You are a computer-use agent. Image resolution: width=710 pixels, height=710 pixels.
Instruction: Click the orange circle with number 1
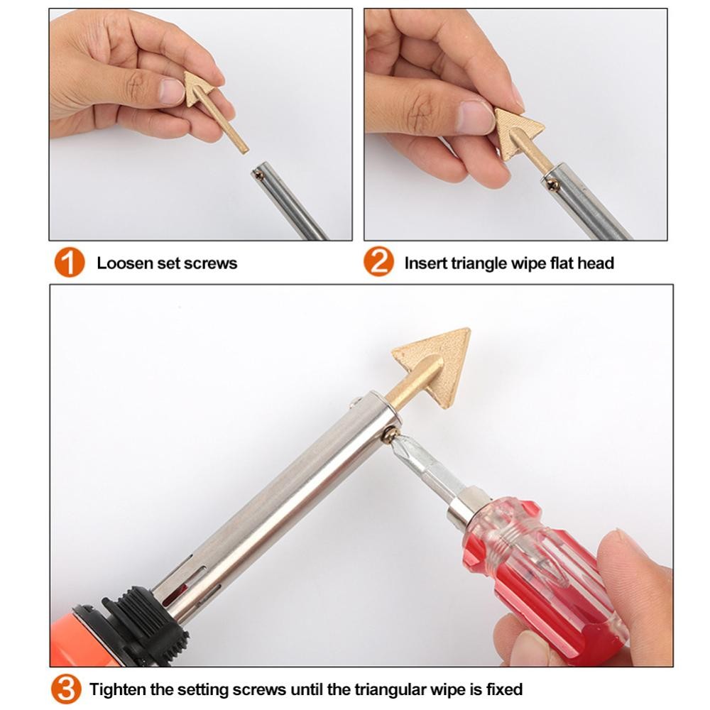[70, 262]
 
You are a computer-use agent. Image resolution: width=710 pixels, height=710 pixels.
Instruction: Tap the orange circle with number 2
[378, 261]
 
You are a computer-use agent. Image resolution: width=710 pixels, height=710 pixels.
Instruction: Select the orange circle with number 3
[66, 689]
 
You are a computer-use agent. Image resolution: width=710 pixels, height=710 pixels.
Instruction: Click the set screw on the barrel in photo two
[553, 183]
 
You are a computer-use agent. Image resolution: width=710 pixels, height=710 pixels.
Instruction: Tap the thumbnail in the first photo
[172, 89]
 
